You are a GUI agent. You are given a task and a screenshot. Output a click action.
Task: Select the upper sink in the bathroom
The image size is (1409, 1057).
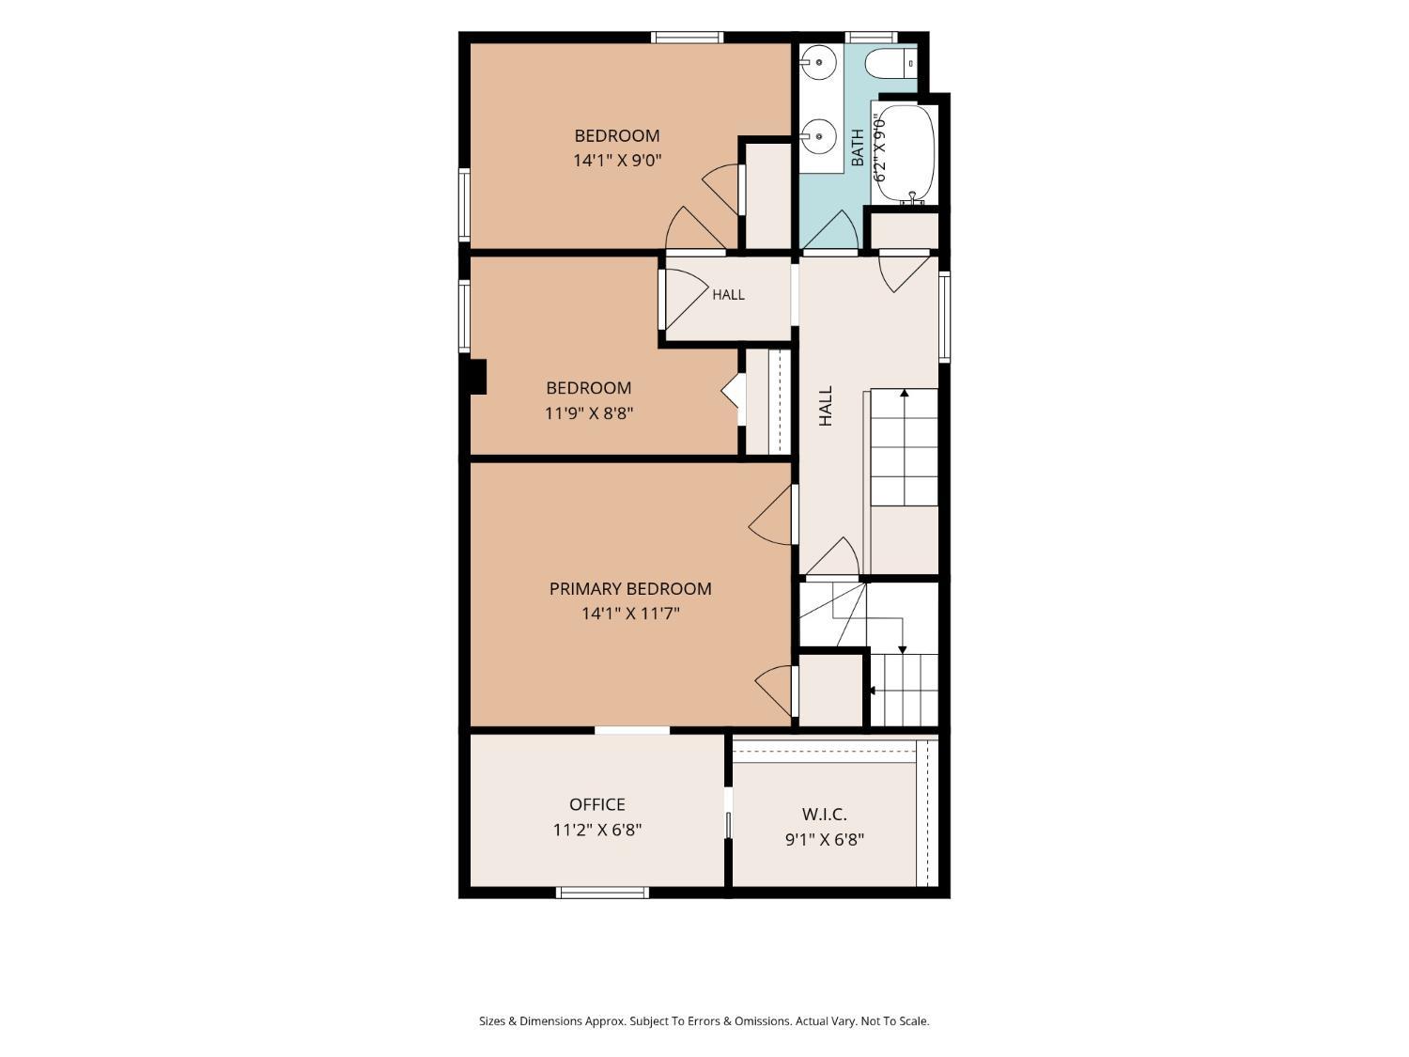(818, 63)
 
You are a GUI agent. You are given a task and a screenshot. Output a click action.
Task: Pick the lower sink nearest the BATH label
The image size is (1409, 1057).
(818, 136)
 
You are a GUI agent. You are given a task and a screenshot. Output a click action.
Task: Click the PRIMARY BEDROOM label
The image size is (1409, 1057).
(630, 588)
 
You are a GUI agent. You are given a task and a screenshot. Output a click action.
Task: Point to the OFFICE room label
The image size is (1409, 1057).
(597, 804)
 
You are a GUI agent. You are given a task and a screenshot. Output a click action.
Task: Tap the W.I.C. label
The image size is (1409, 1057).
(824, 815)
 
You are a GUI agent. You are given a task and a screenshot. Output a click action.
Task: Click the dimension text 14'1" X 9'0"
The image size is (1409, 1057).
(617, 160)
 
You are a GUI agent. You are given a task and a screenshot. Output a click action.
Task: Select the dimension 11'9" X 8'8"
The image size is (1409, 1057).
(589, 412)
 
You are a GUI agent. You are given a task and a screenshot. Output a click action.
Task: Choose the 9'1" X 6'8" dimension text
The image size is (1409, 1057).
(825, 839)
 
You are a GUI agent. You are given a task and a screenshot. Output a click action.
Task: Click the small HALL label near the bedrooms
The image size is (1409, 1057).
(729, 295)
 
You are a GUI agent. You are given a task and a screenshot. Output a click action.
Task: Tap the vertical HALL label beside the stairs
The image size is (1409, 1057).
(826, 406)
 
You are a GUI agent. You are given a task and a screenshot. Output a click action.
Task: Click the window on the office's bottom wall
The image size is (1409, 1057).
(602, 892)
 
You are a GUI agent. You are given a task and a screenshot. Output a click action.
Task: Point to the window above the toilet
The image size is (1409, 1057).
(871, 38)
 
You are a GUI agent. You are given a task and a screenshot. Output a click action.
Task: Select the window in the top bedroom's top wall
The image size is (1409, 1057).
(688, 38)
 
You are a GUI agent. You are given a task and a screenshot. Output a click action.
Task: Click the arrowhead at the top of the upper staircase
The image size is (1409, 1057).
(905, 392)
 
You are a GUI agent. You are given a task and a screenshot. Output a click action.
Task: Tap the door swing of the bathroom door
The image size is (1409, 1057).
(830, 230)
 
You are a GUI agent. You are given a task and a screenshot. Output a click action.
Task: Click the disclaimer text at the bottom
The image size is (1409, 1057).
(704, 1020)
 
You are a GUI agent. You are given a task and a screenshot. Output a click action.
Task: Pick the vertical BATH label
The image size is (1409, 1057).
(858, 148)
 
